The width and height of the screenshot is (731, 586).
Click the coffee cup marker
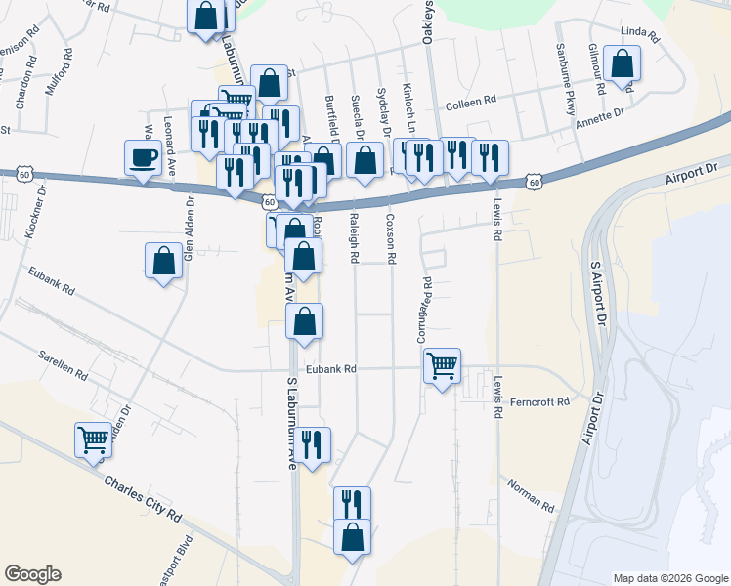143,157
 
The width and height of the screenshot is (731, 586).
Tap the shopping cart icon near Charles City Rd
94,439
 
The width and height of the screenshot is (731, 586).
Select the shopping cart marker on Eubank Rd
442,366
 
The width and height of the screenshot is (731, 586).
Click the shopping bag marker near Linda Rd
622,64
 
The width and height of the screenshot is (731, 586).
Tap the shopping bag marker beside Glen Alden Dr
163,261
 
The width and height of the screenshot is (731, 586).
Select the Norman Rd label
531,495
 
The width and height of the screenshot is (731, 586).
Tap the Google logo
32,574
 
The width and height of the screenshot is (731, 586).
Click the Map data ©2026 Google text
669,578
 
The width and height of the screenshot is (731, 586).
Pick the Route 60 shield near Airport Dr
533,182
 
